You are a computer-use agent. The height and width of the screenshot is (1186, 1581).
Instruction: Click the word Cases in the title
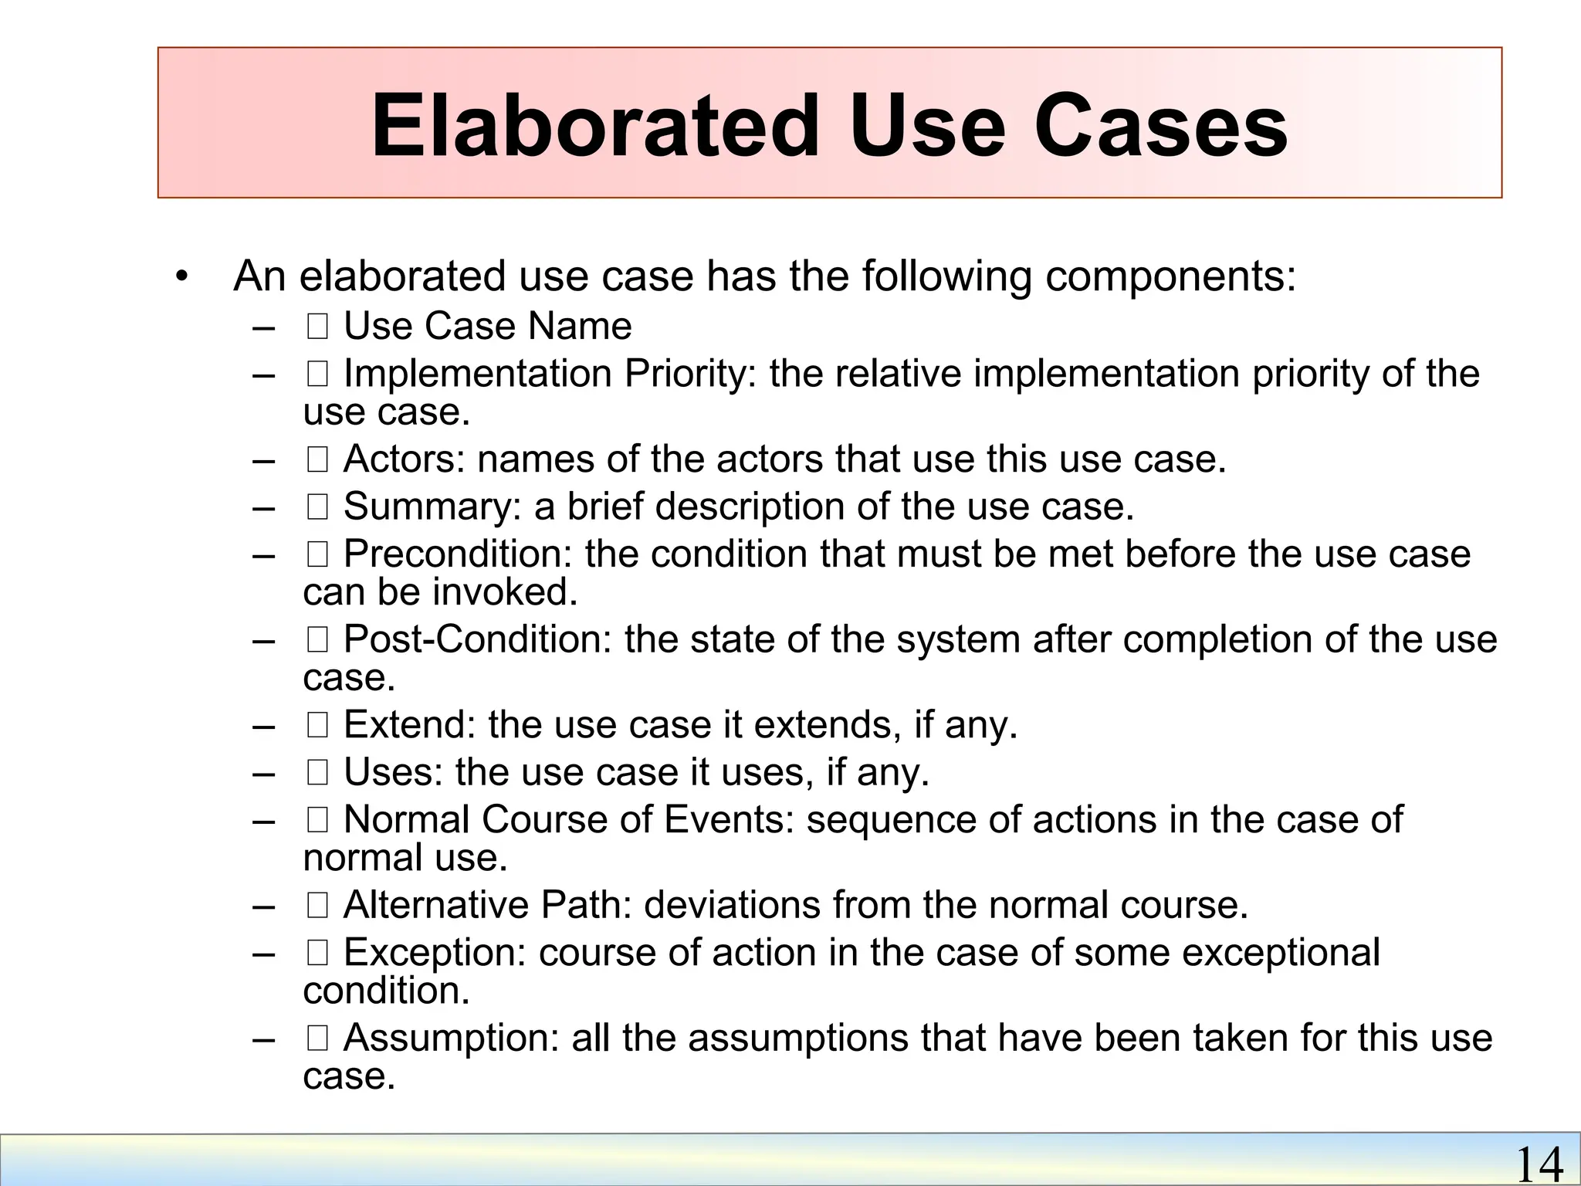tap(1160, 125)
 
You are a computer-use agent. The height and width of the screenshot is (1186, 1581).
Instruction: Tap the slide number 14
tap(1539, 1164)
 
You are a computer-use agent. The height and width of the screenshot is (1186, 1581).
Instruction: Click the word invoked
tap(505, 592)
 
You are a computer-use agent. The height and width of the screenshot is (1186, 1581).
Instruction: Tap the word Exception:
tap(435, 952)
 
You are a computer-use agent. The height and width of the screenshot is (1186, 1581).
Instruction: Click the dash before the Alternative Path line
tap(263, 906)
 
